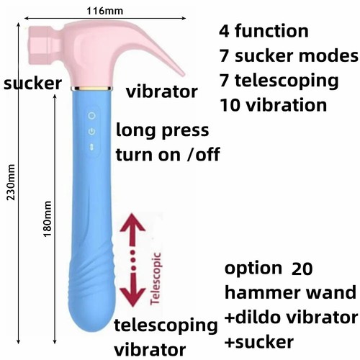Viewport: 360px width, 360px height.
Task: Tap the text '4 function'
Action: coord(264,31)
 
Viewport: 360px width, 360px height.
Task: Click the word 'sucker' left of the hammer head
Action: coord(32,84)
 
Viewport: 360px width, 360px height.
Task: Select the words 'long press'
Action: coord(163,131)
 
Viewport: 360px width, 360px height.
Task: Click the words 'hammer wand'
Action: coord(290,293)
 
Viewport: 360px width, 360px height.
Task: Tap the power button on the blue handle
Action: coord(91,131)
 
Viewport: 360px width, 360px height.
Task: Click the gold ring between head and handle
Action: coord(91,91)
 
